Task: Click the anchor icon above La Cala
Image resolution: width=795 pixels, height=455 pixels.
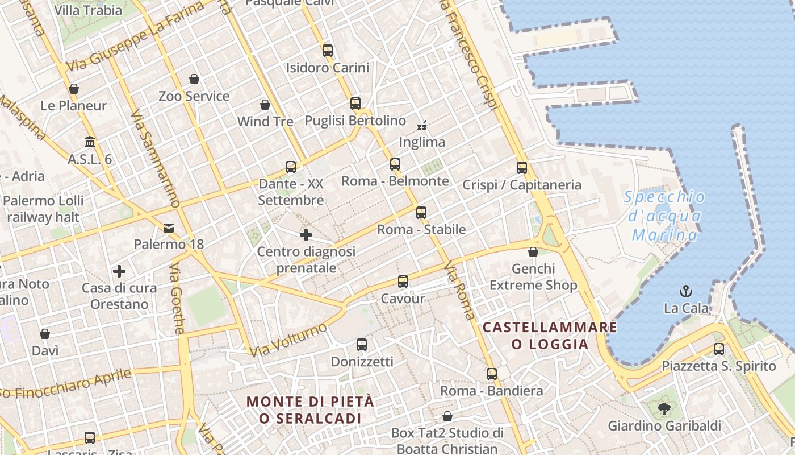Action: (686, 291)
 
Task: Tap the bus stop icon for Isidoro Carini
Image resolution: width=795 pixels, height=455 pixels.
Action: (328, 50)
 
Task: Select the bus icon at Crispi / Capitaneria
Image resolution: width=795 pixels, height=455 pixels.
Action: (522, 168)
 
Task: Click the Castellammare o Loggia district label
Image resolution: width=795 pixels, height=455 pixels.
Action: (550, 336)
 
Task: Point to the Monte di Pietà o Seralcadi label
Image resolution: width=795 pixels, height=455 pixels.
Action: (310, 410)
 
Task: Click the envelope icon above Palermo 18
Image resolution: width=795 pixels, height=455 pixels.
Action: (169, 228)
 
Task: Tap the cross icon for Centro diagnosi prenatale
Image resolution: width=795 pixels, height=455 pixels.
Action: (306, 234)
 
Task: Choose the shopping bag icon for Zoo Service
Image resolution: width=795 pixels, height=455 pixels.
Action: (194, 79)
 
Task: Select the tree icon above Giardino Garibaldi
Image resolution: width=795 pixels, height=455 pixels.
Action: (664, 408)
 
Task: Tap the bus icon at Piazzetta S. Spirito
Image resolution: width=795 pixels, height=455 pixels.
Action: (719, 349)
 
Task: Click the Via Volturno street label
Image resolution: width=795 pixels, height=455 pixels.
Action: (289, 340)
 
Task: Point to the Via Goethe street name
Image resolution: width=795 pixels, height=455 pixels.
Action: (177, 299)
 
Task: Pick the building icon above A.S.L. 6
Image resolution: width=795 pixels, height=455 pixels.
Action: (90, 142)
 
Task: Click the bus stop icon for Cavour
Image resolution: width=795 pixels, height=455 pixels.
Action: (403, 282)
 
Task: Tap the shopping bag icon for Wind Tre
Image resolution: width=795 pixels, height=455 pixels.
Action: (265, 105)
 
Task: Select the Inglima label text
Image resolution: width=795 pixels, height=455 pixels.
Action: (422, 142)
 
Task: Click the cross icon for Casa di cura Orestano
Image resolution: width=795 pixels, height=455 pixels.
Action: (119, 271)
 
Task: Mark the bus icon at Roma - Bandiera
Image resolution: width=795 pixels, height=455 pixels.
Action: (492, 374)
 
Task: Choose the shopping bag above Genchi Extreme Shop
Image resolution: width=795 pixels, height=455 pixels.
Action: (533, 252)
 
